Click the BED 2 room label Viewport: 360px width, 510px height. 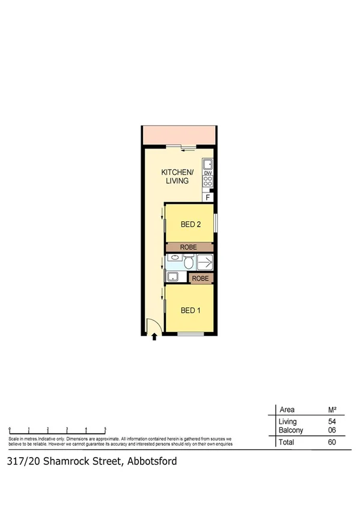[x=190, y=224]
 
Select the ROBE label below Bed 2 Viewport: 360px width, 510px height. [x=189, y=247]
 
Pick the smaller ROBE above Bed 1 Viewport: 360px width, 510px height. [x=201, y=278]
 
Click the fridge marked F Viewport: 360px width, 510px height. [x=208, y=197]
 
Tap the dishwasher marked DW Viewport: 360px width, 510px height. [x=208, y=173]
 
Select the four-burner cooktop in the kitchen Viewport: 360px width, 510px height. [x=208, y=181]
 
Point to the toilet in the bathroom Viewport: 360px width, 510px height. [x=188, y=262]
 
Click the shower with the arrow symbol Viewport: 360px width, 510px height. [x=206, y=262]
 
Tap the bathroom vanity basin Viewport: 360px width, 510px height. [x=174, y=258]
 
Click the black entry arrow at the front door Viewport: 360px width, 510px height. [x=154, y=337]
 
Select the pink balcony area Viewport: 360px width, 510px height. [x=178, y=135]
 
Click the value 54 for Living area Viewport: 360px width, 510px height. [x=332, y=422]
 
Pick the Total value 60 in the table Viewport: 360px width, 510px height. [x=332, y=442]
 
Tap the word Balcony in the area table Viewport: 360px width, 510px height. [x=291, y=430]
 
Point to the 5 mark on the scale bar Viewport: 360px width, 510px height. [x=106, y=428]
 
